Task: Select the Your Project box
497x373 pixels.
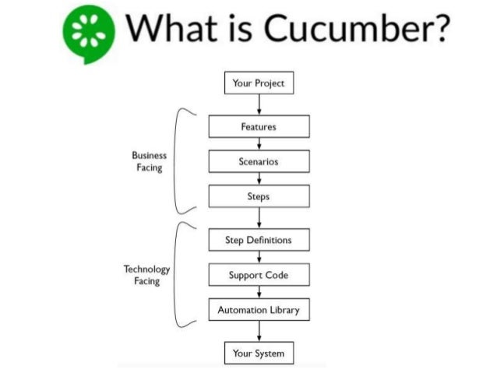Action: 259,82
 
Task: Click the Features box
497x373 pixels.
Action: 259,126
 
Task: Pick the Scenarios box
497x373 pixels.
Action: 259,161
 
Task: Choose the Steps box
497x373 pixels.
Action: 259,196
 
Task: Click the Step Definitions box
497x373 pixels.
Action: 259,240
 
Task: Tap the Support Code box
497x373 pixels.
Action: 259,275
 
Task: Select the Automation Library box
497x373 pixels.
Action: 259,309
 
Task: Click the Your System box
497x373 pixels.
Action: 259,353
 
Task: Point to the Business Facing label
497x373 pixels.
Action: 149,161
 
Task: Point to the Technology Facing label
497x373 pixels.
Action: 146,274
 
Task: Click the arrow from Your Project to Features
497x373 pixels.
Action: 259,104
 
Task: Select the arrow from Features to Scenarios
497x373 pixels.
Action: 259,143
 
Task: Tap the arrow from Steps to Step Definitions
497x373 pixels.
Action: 259,218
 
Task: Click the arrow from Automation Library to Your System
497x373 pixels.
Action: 259,331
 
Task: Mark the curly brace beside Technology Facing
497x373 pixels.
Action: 182,274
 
